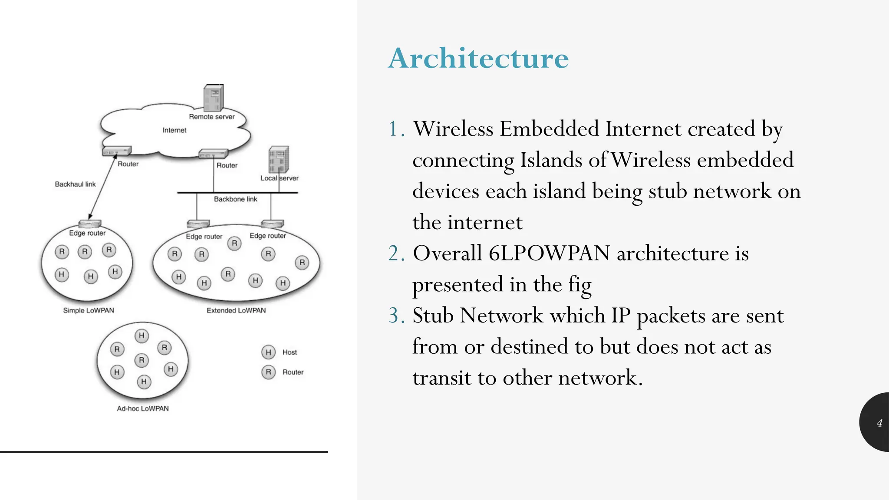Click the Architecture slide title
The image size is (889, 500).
pos(478,58)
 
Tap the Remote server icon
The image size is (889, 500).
pos(213,98)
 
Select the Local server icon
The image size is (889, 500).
pos(279,159)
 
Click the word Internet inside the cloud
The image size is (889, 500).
pos(174,130)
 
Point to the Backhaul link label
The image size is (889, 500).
pos(75,184)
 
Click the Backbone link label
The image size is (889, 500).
pos(235,199)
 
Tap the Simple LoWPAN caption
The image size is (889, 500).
pos(89,310)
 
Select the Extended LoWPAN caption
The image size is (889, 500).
pos(236,310)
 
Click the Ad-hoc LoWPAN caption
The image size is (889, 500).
pos(143,408)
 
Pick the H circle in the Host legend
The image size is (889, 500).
pos(268,352)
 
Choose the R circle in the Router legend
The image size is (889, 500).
pos(268,372)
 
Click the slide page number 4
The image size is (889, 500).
pos(879,423)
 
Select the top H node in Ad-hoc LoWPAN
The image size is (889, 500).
pos(142,336)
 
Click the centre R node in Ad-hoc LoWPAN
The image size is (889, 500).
pos(142,360)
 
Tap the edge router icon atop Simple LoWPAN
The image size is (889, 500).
pos(89,224)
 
